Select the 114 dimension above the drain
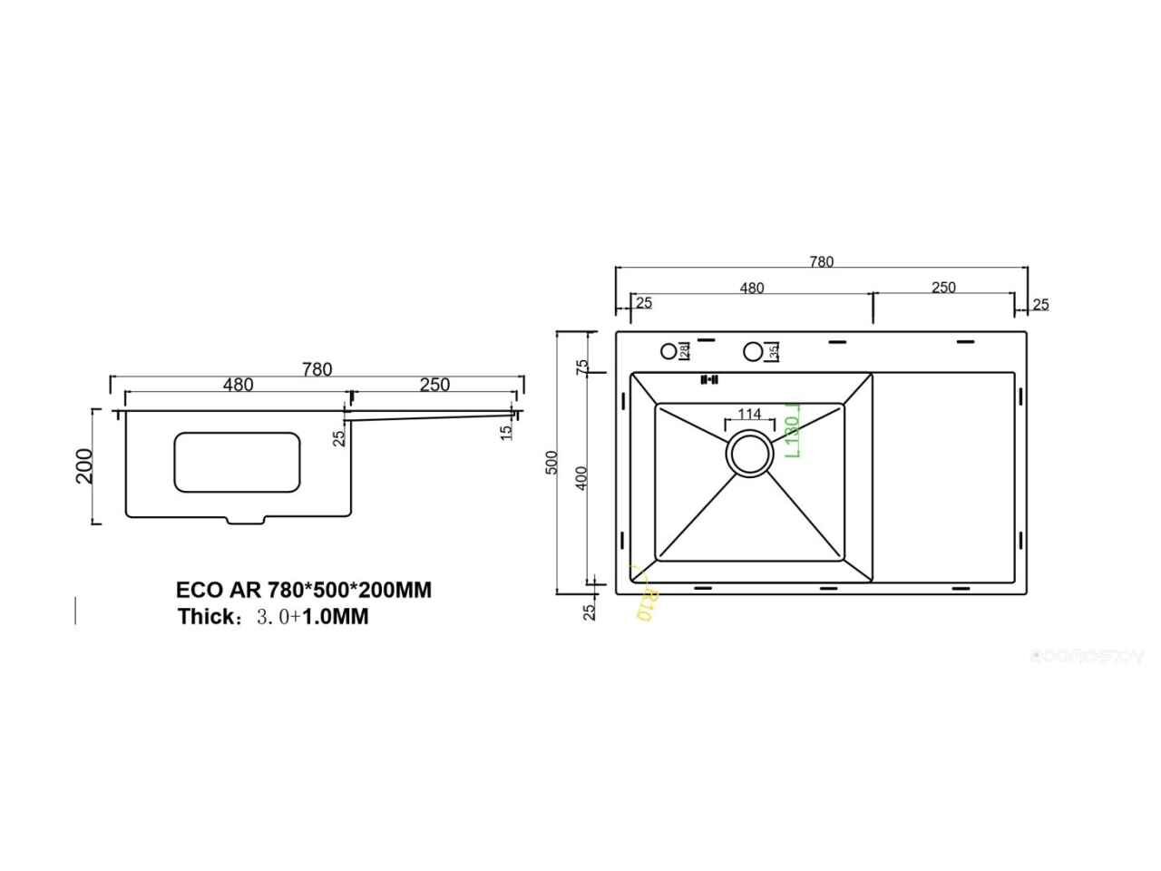point(749,414)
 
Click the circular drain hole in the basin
point(749,453)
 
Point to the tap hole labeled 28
point(669,350)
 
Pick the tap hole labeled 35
point(753,351)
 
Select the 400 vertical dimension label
point(582,477)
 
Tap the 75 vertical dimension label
point(582,367)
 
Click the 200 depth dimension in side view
point(84,466)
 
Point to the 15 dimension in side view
point(506,432)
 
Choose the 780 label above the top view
point(821,262)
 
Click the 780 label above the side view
point(317,369)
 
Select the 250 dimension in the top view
point(943,288)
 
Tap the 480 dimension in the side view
point(238,385)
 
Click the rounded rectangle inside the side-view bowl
point(236,463)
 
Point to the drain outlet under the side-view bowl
point(245,521)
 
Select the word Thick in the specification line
point(207,617)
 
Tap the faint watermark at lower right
point(1088,658)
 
